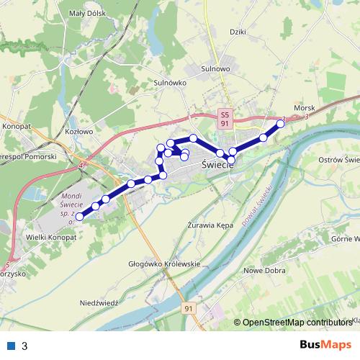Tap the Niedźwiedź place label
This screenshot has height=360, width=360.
pyautogui.click(x=99, y=303)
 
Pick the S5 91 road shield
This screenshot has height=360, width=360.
pyautogui.click(x=225, y=119)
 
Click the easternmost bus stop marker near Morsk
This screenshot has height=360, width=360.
pyautogui.click(x=281, y=124)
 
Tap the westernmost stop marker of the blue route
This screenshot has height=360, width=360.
pyautogui.click(x=80, y=215)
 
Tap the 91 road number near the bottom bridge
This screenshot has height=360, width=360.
pyautogui.click(x=189, y=308)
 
